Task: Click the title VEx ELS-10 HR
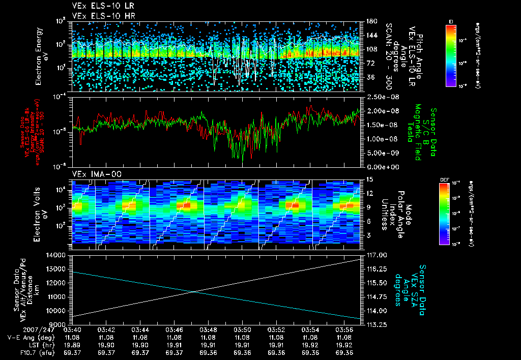point(98,16)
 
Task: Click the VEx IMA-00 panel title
point(90,174)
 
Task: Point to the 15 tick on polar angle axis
point(367,179)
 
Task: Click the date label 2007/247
point(20,330)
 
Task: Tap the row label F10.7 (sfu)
point(21,352)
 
